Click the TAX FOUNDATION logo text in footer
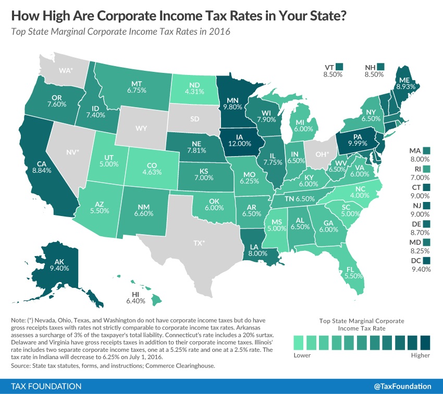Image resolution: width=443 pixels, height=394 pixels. point(46,386)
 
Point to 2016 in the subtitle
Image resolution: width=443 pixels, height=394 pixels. point(218,31)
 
